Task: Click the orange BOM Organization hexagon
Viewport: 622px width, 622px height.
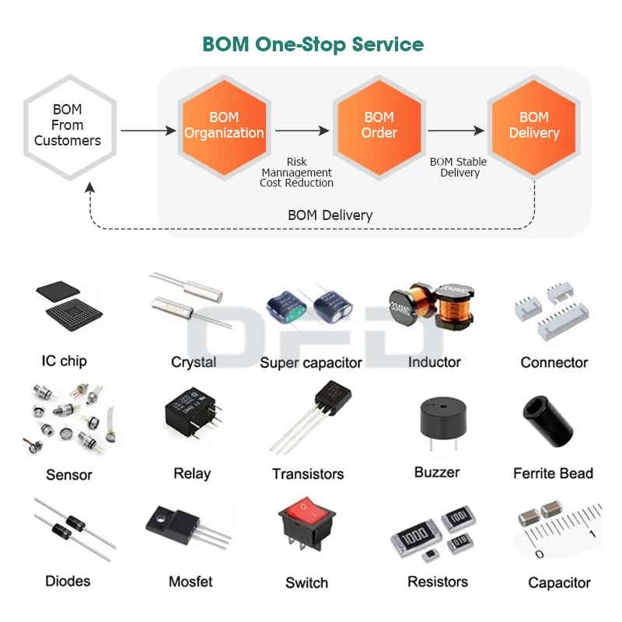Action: tap(224, 125)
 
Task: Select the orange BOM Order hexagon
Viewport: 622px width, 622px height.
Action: tap(379, 125)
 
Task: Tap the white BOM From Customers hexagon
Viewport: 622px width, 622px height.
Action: tap(68, 125)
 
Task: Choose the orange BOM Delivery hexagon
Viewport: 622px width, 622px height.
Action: tap(533, 125)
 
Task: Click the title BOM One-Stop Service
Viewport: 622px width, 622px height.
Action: tap(313, 44)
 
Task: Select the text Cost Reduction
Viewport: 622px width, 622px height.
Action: tap(296, 183)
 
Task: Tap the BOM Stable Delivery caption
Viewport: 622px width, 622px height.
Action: tap(459, 167)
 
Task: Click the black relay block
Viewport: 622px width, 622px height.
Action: tap(190, 418)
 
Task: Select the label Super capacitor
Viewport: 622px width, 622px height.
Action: tap(310, 363)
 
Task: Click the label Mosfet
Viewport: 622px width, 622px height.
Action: tap(190, 582)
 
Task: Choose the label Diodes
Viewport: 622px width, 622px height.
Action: tap(68, 581)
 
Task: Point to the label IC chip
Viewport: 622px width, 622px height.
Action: tap(64, 361)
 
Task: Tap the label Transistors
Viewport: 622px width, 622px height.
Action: tap(308, 474)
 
